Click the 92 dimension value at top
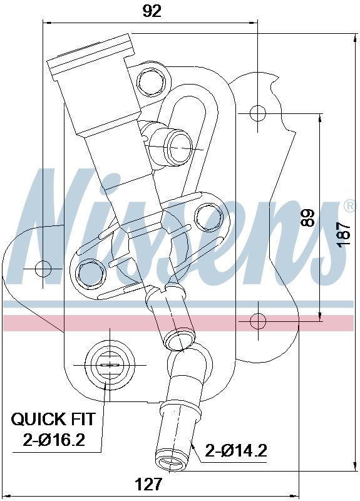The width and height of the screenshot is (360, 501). point(151,11)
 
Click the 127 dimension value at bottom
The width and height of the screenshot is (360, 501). point(149,483)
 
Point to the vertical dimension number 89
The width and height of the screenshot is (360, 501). point(307,217)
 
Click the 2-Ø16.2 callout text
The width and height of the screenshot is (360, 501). point(54,440)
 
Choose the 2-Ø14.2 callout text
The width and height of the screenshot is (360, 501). point(237,450)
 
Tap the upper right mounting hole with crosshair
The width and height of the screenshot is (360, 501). point(258,113)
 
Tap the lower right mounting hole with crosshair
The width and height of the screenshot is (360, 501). point(258,321)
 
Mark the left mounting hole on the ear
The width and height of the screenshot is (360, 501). point(43,269)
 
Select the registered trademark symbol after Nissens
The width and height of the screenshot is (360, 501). point(349,207)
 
